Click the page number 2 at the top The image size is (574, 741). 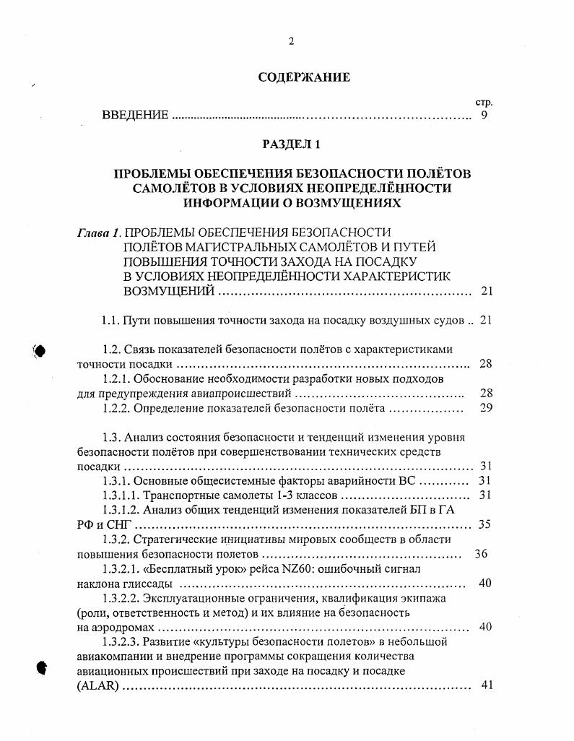[x=291, y=41]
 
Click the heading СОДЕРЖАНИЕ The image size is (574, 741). [x=304, y=77]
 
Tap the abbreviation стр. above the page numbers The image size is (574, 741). [x=484, y=103]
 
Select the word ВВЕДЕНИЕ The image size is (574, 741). [x=135, y=116]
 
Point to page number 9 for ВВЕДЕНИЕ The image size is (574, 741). [x=484, y=116]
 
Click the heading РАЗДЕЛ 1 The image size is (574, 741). [x=292, y=144]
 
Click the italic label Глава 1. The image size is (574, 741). [x=100, y=233]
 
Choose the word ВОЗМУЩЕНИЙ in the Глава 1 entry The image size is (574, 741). [x=169, y=291]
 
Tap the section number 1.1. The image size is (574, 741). [x=110, y=320]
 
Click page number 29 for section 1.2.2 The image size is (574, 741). [x=485, y=408]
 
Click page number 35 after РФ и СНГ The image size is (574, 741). [x=485, y=524]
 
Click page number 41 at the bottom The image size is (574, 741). [x=486, y=685]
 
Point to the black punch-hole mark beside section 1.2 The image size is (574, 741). [x=40, y=351]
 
